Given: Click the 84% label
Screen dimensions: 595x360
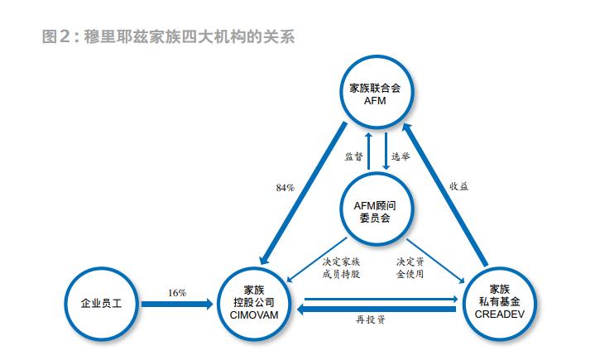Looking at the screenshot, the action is (x=286, y=188).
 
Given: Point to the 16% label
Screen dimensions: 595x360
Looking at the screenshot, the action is (x=177, y=293).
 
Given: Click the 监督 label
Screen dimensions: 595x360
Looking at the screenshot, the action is (x=353, y=156).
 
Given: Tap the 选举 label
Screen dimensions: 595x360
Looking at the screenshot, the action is (x=401, y=156).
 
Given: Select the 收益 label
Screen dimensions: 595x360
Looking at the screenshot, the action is (x=458, y=186).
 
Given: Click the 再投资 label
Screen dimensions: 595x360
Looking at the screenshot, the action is (x=371, y=319).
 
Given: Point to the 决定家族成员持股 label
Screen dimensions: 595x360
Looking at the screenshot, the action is (x=341, y=268).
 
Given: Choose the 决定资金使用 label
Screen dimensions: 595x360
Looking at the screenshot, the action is (x=410, y=268).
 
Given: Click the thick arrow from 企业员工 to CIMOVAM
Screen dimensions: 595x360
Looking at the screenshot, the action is (x=177, y=304).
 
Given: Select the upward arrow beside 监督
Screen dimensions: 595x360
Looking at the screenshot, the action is (x=367, y=151).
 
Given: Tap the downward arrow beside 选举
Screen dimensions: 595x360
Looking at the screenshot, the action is (x=386, y=151).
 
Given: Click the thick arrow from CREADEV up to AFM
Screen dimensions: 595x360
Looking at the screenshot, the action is (x=444, y=194).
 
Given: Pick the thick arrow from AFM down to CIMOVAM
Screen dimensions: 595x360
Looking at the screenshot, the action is (x=303, y=194).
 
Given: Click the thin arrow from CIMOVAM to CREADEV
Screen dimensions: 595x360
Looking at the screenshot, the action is (x=381, y=299).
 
